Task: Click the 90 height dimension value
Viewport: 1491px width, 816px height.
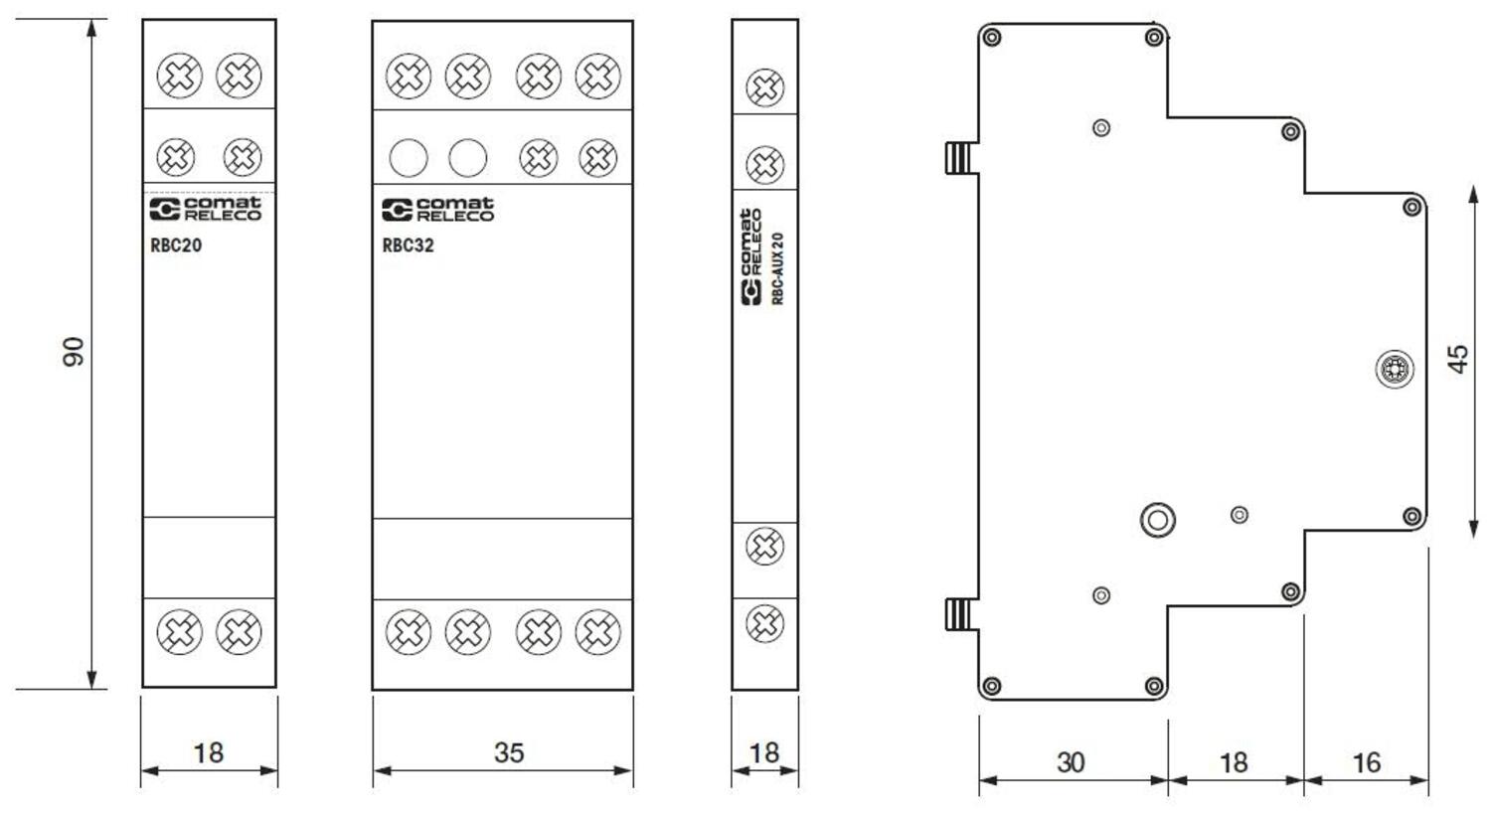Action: (x=74, y=352)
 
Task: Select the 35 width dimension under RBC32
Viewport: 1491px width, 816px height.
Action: (x=508, y=752)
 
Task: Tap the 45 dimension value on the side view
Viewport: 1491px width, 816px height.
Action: (x=1457, y=359)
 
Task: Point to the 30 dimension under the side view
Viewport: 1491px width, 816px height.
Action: (x=1070, y=762)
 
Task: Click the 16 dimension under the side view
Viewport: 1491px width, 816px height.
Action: (x=1366, y=762)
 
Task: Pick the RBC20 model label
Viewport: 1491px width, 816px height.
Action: (x=176, y=245)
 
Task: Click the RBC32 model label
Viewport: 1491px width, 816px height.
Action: (x=408, y=245)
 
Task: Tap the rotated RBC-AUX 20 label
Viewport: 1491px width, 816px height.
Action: (x=778, y=268)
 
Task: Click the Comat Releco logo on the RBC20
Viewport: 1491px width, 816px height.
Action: (x=205, y=209)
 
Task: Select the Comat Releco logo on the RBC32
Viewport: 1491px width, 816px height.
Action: (x=437, y=209)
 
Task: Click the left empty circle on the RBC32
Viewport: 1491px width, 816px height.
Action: (x=409, y=157)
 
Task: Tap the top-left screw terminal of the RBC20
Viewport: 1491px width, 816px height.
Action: (x=179, y=76)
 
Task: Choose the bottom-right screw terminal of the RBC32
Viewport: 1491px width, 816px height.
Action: (x=597, y=631)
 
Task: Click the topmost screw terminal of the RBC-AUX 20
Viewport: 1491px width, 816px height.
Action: (x=764, y=88)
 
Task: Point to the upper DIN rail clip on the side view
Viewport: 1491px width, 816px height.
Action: (x=958, y=157)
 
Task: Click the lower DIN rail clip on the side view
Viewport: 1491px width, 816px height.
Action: (x=958, y=614)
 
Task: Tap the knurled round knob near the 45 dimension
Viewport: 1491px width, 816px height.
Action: (x=1395, y=370)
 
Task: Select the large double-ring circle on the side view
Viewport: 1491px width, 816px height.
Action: (x=1157, y=518)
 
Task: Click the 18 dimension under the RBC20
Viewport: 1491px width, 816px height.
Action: (x=208, y=752)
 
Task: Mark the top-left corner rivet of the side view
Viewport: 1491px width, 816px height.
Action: (x=991, y=39)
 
